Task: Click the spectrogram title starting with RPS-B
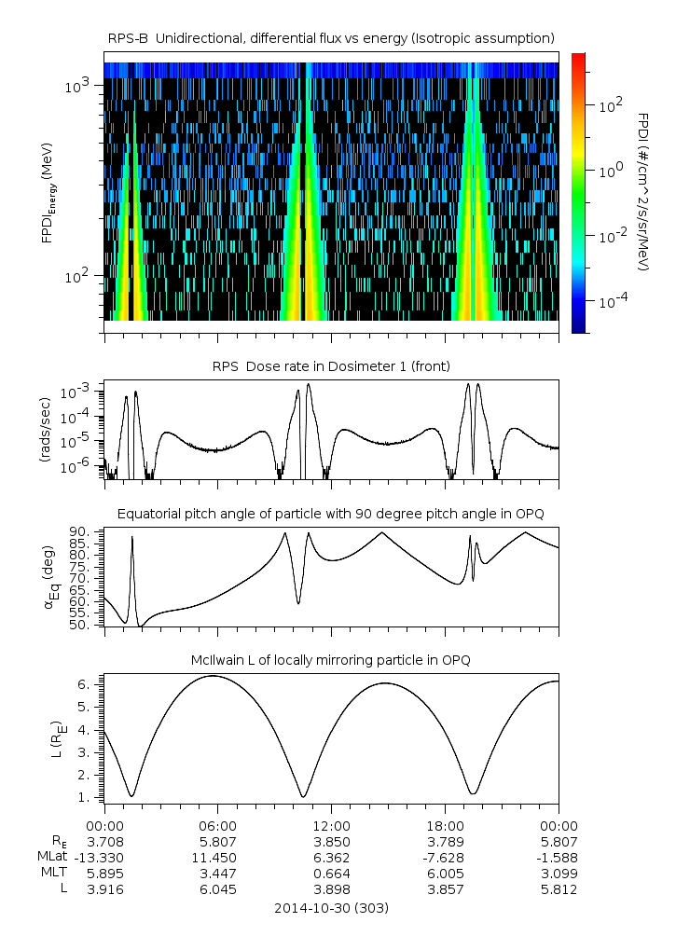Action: (331, 37)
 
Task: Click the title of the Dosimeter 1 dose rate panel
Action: (331, 365)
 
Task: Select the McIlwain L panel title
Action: (331, 660)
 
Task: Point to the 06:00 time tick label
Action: (218, 825)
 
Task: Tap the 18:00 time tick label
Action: (445, 825)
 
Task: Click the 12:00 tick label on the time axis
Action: (331, 825)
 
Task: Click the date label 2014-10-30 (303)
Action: (331, 907)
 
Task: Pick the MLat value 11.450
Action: (218, 857)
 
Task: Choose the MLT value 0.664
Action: (331, 874)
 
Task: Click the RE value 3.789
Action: (445, 840)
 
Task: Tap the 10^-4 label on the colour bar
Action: (610, 303)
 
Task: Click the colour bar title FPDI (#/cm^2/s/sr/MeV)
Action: (643, 191)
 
